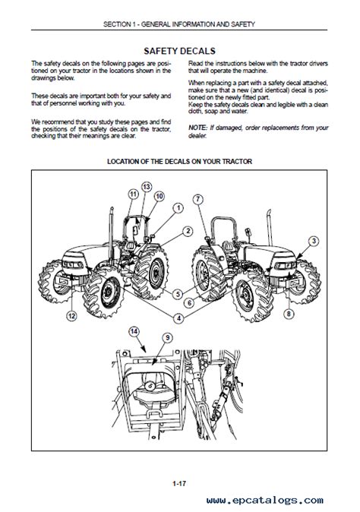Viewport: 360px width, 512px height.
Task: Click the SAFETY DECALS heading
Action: [x=179, y=51]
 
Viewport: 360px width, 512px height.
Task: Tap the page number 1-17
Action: [x=179, y=483]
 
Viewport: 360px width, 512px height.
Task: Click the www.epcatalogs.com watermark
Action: [x=265, y=501]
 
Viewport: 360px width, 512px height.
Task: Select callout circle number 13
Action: [x=147, y=187]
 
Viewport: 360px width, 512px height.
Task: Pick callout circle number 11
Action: [x=133, y=194]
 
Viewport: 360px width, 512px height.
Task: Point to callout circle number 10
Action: [x=159, y=197]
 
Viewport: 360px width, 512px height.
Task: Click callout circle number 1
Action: [x=178, y=208]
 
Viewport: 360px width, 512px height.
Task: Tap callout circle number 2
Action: [x=188, y=232]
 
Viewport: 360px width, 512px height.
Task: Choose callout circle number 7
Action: [x=198, y=199]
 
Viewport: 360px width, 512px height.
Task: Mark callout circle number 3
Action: [x=314, y=242]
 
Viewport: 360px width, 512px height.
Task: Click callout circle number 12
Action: [x=71, y=316]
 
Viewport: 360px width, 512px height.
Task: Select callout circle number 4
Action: [x=178, y=318]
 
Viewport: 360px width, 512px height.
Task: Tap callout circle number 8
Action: [x=289, y=314]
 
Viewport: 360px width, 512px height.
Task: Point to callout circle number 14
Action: [x=134, y=332]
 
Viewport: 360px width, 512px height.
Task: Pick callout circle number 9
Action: [x=167, y=337]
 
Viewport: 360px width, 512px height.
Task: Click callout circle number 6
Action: [x=190, y=303]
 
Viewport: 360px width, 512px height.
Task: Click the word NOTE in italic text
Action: [x=197, y=128]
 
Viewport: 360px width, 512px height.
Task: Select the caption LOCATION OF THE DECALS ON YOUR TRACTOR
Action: [x=179, y=162]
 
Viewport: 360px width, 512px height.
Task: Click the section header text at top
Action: [x=179, y=24]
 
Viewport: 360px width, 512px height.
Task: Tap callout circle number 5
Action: [x=178, y=294]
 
